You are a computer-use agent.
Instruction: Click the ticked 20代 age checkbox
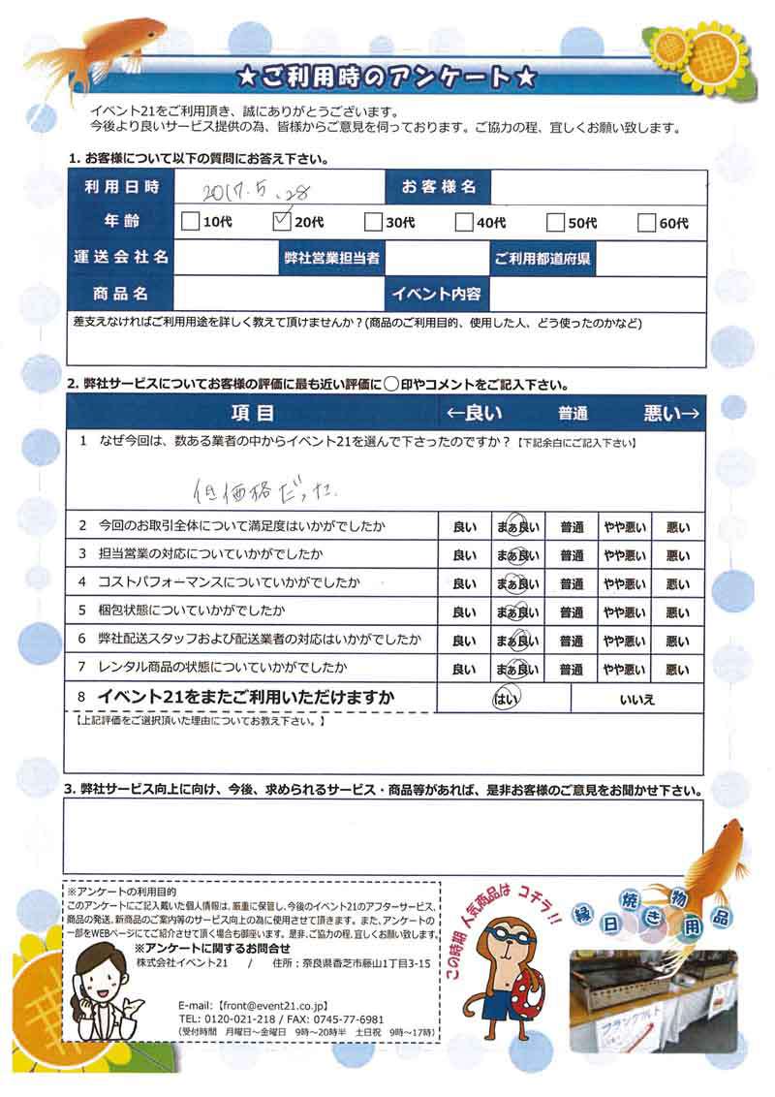(283, 222)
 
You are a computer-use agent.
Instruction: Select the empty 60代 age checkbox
(648, 222)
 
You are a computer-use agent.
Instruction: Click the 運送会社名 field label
(121, 258)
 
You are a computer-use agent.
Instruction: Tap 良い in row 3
(464, 556)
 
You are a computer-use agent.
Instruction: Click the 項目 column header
(253, 414)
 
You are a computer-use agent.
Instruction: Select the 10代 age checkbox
(191, 222)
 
